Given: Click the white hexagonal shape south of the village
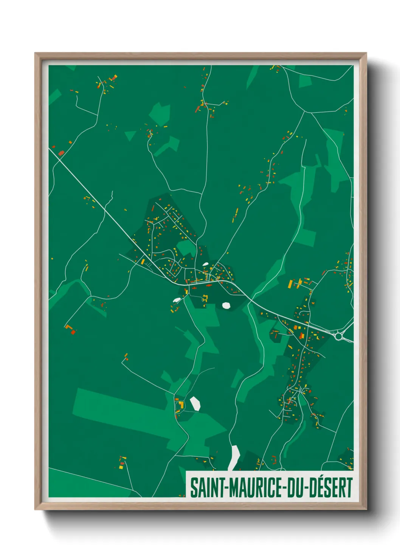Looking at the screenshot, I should click(x=226, y=305).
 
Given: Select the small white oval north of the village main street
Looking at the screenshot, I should click(x=205, y=264).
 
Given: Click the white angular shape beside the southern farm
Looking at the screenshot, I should click(x=195, y=403).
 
